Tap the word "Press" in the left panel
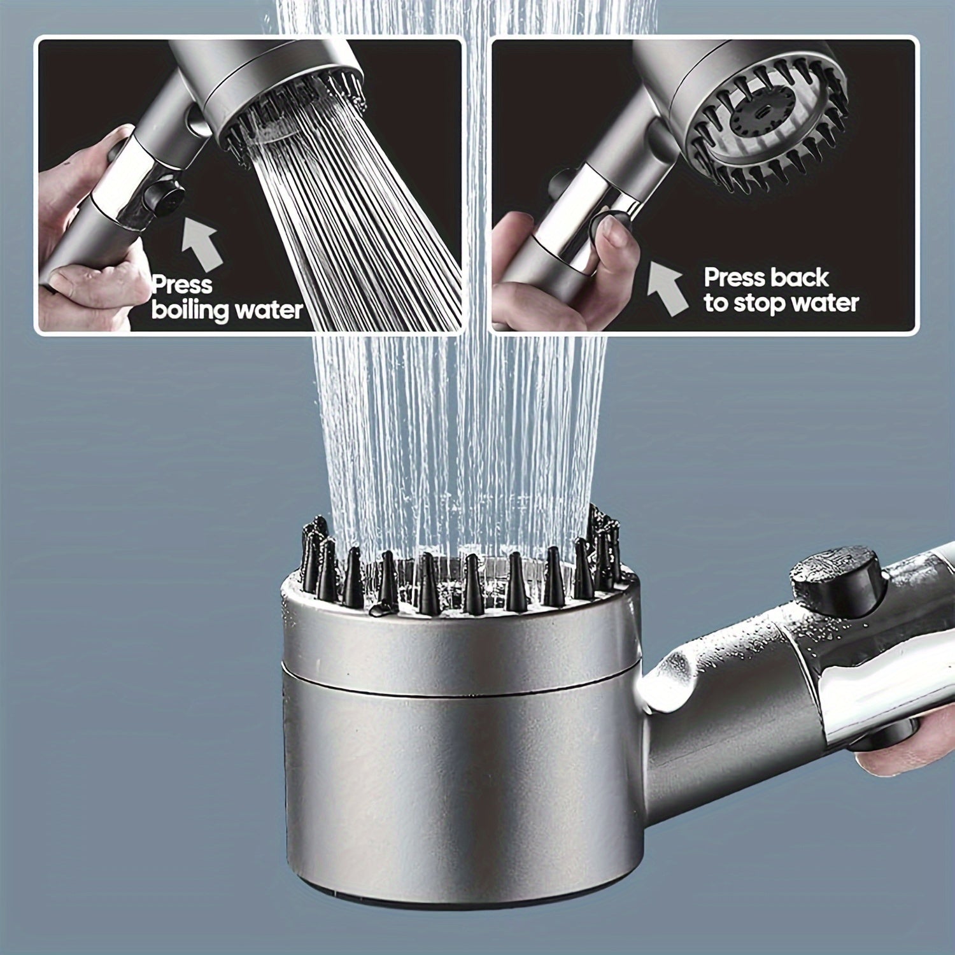tap(182, 285)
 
